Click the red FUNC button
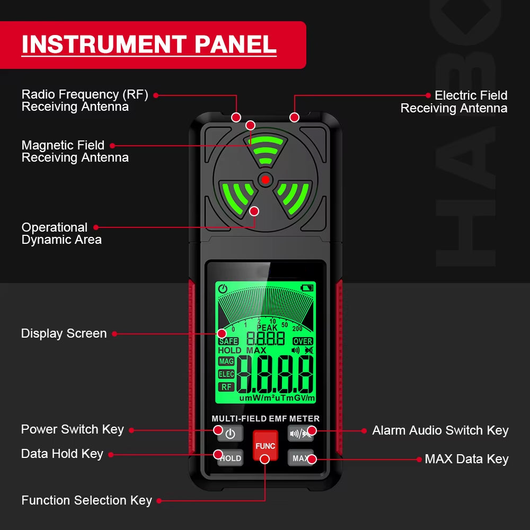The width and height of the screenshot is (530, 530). click(265, 445)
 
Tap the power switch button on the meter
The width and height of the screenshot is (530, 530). click(230, 434)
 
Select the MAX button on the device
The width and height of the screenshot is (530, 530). click(301, 458)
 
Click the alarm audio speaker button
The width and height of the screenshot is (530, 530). click(301, 434)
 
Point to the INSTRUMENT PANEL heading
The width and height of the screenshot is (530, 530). click(149, 45)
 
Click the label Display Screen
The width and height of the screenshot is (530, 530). click(64, 333)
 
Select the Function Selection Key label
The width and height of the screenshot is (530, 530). click(86, 500)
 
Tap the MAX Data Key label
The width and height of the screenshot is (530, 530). click(466, 459)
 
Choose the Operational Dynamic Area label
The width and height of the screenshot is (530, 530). click(61, 233)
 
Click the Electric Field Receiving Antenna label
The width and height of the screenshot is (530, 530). click(454, 102)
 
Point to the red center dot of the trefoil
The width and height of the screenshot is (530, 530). click(265, 180)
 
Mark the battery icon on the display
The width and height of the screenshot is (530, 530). click(307, 288)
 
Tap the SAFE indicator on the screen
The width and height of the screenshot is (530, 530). click(228, 341)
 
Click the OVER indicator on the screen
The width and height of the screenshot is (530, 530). click(303, 341)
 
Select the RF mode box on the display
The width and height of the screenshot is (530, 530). click(227, 387)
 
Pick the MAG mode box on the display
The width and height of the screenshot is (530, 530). click(226, 361)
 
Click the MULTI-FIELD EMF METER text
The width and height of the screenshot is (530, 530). click(266, 419)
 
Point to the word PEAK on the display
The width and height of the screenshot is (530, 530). click(267, 328)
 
